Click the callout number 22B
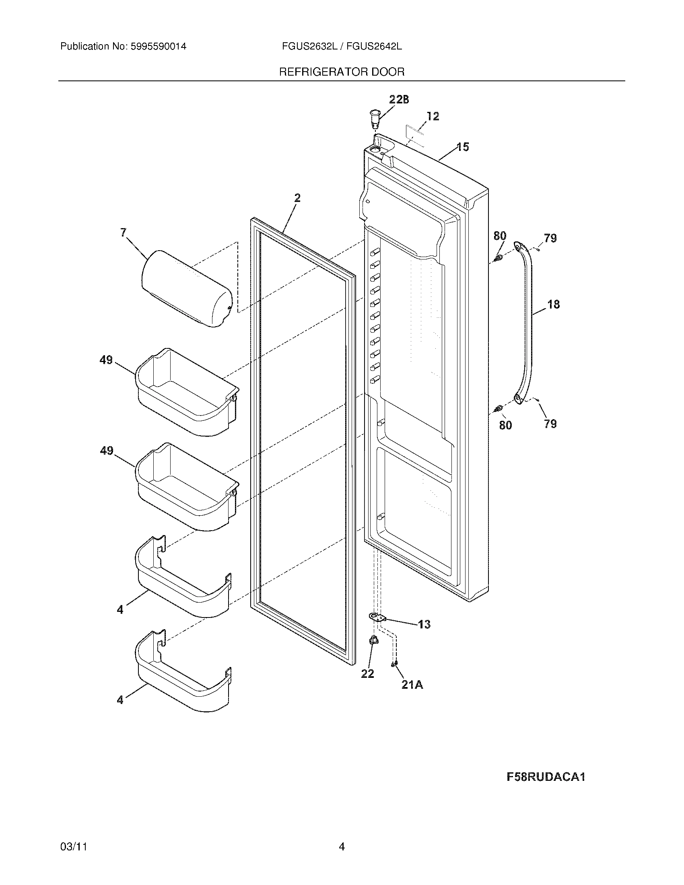399,100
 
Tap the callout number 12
433,116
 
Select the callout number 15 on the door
463,147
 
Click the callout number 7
123,232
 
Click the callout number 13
424,624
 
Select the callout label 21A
412,685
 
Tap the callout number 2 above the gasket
297,198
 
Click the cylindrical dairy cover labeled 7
187,288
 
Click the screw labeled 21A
393,663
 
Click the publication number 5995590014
158,47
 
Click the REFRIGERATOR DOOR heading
342,72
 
